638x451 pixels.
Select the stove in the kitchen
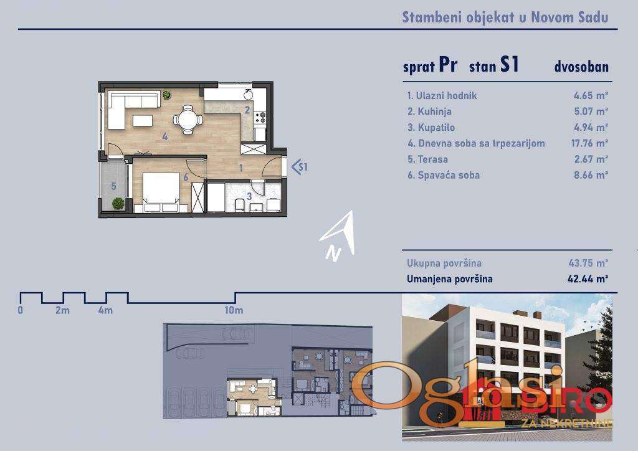pyautogui.click(x=260, y=118)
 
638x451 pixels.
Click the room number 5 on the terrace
pyautogui.click(x=113, y=186)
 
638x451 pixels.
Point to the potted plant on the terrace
pyautogui.click(x=118, y=203)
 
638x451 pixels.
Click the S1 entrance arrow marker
pyautogui.click(x=300, y=167)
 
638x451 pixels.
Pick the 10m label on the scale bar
pyautogui.click(x=234, y=310)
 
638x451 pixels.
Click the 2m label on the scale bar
pyautogui.click(x=63, y=310)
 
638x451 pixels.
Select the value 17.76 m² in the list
pyautogui.click(x=589, y=143)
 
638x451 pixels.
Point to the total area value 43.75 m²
pyautogui.click(x=588, y=263)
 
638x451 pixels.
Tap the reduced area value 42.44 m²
pyautogui.click(x=588, y=279)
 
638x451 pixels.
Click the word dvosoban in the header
pyautogui.click(x=581, y=67)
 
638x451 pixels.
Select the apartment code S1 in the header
pyautogui.click(x=510, y=65)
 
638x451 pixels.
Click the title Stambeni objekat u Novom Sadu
pyautogui.click(x=505, y=17)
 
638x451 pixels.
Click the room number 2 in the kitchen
pyautogui.click(x=247, y=110)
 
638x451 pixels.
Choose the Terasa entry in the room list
pyautogui.click(x=432, y=159)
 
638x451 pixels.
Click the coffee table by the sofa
pyautogui.click(x=143, y=120)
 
